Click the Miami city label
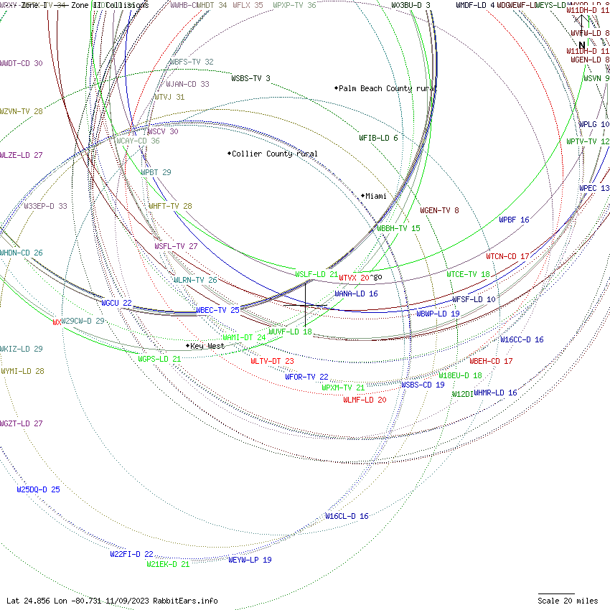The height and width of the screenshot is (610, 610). coord(375,196)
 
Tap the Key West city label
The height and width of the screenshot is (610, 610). coord(207,346)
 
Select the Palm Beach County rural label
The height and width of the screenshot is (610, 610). coord(387,88)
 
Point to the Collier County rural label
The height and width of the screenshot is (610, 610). coord(274,154)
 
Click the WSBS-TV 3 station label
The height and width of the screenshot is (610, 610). coord(250,78)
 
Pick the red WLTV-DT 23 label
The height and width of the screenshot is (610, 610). coord(272,361)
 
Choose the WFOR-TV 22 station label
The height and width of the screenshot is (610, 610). coord(306,377)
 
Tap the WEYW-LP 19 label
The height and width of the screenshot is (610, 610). coord(250,560)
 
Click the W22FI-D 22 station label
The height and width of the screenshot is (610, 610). coord(131,554)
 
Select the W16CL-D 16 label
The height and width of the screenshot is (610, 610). coord(347,516)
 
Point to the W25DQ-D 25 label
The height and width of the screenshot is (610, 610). coord(38,489)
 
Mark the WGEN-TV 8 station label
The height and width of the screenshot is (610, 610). coord(439,210)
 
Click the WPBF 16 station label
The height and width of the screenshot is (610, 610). coord(514,220)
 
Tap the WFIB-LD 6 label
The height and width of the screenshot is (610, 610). coord(378,138)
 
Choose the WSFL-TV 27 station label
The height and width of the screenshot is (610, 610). coord(176,246)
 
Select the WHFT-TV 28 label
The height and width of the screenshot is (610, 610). coord(170,206)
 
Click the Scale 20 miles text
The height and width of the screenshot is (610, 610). coord(568,601)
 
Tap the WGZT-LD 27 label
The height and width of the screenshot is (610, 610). coord(22,423)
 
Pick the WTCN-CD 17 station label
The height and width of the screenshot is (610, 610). coord(507,256)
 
